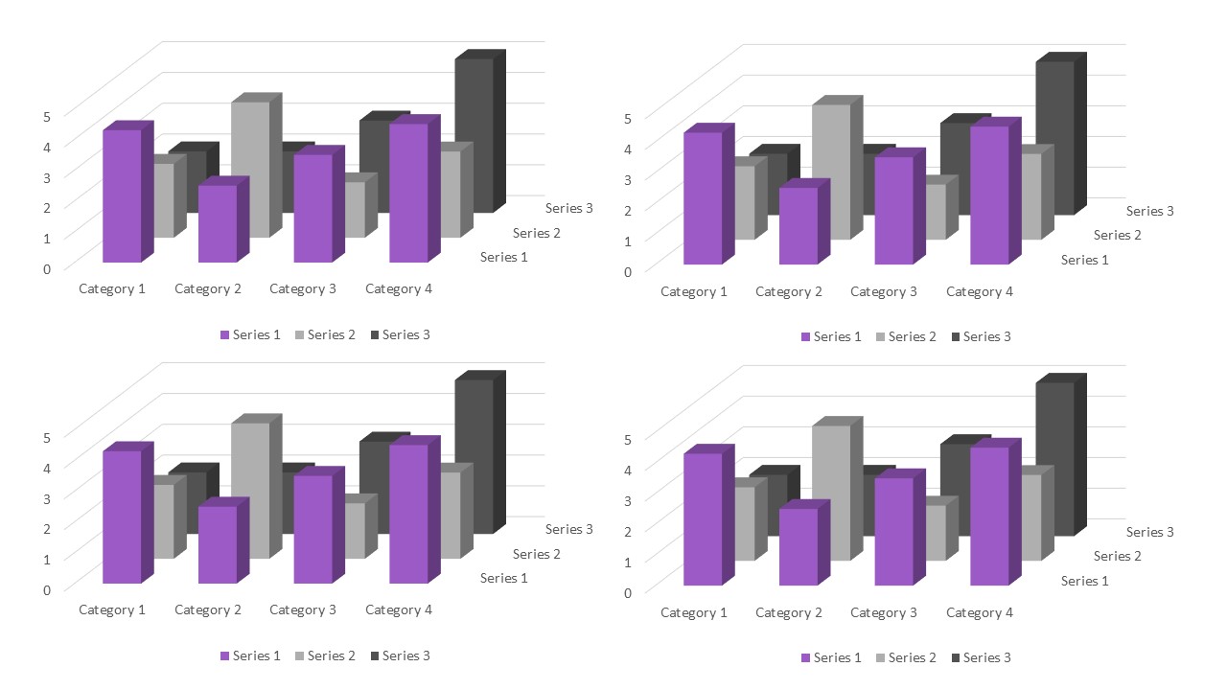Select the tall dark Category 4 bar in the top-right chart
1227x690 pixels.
[x=1054, y=138]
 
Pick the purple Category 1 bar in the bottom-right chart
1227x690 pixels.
[x=703, y=518]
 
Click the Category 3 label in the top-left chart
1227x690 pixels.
[x=303, y=288]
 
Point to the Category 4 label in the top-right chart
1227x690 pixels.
[x=980, y=291]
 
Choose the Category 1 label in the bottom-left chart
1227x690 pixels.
[x=112, y=609]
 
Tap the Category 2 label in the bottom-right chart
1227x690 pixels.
[x=789, y=612]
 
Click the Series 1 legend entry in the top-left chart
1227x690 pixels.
[x=250, y=334]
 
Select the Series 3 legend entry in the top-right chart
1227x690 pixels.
[x=982, y=336]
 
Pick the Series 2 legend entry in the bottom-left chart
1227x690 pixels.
[x=325, y=655]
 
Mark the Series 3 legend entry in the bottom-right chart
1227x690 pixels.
[x=982, y=657]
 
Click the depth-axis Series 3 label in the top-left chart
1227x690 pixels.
[x=569, y=208]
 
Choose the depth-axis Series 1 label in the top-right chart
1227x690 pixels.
[x=1085, y=260]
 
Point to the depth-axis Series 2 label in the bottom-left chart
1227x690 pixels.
[x=537, y=554]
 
